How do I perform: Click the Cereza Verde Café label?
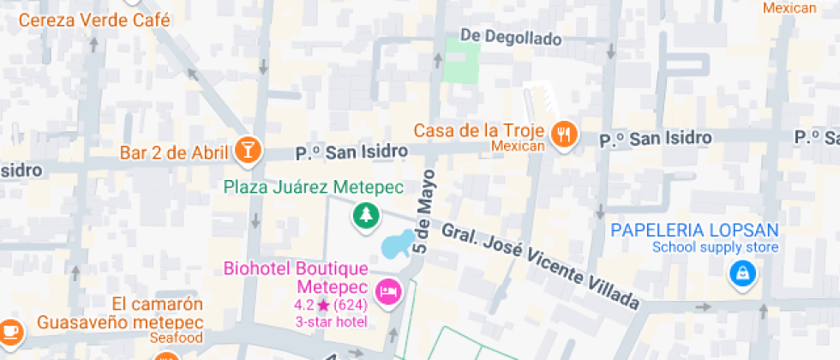(94, 20)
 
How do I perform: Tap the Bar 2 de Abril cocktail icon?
(247, 150)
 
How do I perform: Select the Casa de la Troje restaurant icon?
(563, 134)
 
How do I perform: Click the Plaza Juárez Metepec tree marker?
(366, 215)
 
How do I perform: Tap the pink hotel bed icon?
(390, 291)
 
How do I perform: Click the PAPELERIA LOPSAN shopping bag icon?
(740, 274)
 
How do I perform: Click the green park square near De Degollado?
(461, 61)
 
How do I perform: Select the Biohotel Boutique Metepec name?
(296, 277)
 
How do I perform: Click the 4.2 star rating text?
(330, 304)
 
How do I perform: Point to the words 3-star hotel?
(331, 321)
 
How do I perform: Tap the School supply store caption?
(715, 248)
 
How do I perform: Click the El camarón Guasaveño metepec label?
(120, 314)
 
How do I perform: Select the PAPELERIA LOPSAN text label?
(694, 230)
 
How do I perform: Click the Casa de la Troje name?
(480, 130)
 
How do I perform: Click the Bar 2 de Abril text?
(175, 153)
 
